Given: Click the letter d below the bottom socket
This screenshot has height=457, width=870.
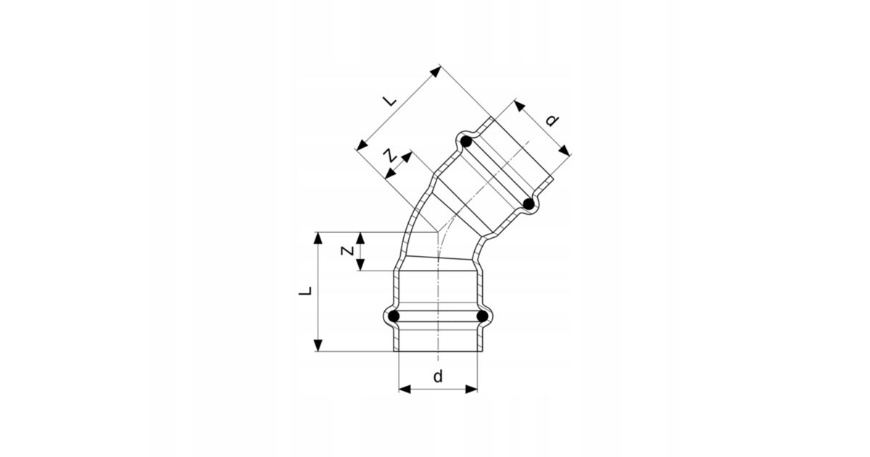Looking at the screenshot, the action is [438, 376].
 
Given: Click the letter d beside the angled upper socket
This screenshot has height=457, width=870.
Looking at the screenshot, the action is [552, 120].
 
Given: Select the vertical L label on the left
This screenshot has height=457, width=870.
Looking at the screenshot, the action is [305, 291].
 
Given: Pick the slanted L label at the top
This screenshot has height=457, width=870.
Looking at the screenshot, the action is [390, 101].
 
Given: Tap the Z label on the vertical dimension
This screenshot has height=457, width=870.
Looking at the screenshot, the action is [347, 251].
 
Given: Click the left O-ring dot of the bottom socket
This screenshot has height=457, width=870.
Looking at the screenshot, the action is [394, 316].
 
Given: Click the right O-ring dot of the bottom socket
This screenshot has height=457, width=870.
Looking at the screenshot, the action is [482, 316].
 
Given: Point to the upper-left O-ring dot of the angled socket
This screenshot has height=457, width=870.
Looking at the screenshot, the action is [466, 142].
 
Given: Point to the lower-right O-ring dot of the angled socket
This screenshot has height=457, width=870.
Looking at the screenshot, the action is [529, 204].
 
